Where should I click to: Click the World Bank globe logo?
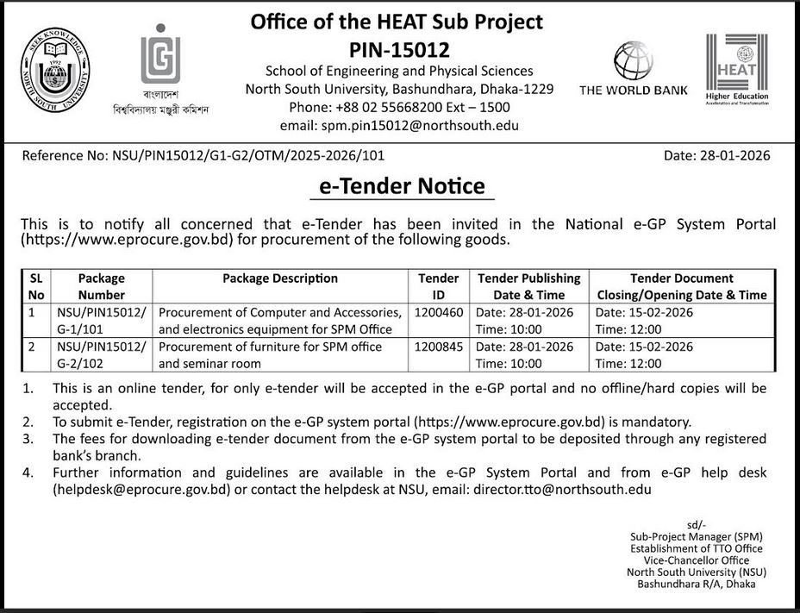633,61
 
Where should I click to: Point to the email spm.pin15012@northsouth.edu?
399,125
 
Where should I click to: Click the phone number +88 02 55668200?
372,107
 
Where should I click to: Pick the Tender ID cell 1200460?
439,311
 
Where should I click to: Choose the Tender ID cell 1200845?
439,347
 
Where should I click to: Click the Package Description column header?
280,278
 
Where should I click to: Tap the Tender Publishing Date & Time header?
528,286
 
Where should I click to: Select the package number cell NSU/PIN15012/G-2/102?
102,354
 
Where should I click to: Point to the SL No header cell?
35,286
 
